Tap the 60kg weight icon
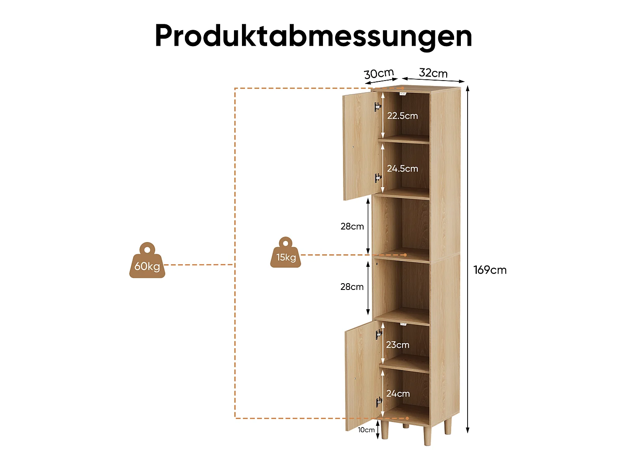click(147, 260)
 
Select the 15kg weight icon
click(286, 253)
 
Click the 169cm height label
click(490, 270)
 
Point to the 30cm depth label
click(379, 73)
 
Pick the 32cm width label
click(433, 73)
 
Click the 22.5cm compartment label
click(402, 116)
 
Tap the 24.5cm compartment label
click(402, 169)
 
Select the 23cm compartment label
click(398, 344)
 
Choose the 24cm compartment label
click(398, 394)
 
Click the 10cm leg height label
click(366, 430)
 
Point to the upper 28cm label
click(352, 227)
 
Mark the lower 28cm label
click(352, 287)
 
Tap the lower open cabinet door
click(363, 376)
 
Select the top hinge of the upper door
click(378, 107)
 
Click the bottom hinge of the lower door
click(379, 402)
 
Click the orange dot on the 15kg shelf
click(405, 255)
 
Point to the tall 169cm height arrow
click(468, 259)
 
